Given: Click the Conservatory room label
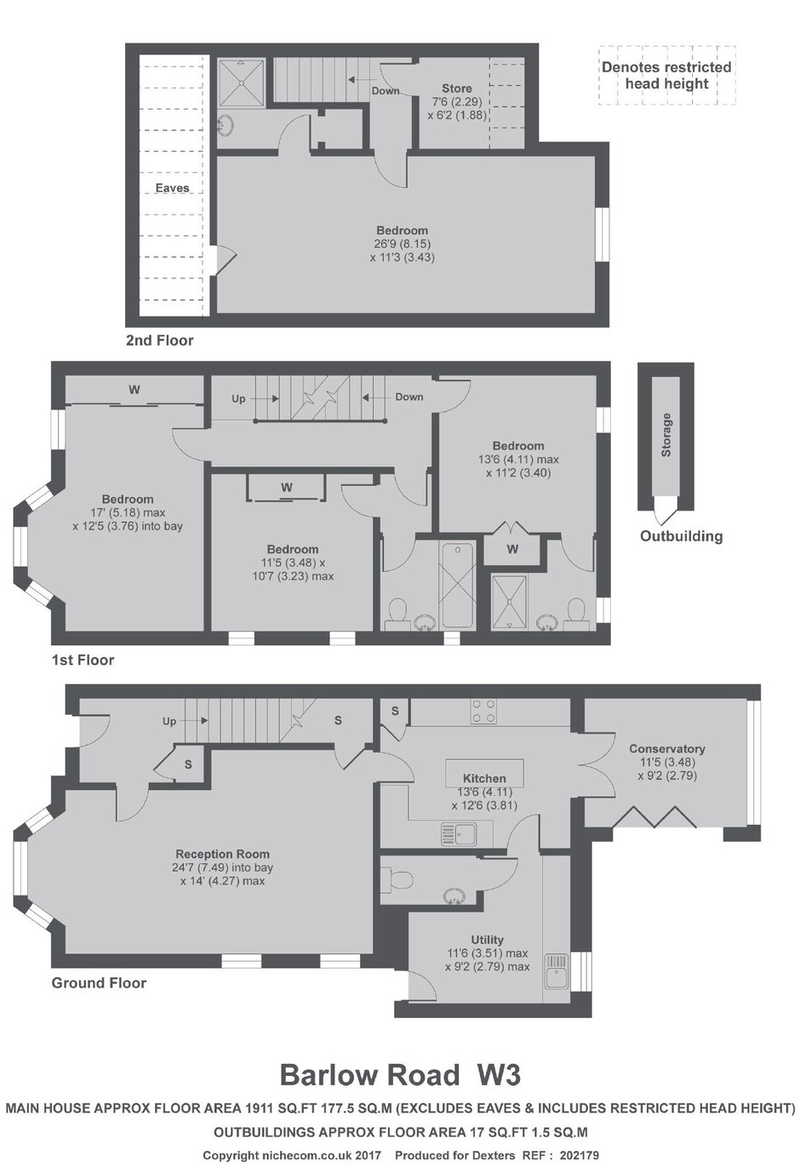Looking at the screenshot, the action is coord(666,749).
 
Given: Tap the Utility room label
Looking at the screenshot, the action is coord(487,940).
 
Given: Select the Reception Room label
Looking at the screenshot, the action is coord(222,854).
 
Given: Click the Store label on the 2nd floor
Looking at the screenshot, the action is coord(457,89).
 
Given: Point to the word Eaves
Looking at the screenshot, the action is coord(172,187).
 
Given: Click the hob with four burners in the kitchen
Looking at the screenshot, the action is coord(483,711).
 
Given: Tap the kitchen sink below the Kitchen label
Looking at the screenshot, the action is coord(459,833).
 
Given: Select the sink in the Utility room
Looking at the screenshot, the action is coord(557,971).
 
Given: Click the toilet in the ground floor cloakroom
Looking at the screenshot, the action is coord(397,880).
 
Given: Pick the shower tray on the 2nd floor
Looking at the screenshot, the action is coord(241,83).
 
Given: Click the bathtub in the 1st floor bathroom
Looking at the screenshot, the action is coord(457,586).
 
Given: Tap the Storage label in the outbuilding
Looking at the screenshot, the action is coord(666,435).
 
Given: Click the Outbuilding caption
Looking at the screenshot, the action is coord(681,536).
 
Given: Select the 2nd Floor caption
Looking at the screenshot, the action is coord(160,340).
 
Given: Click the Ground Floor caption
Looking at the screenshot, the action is coord(99,983).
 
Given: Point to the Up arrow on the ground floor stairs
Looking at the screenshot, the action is coord(197,721).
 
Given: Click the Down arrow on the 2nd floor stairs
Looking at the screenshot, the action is coord(359,80).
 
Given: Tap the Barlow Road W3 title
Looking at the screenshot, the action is coord(400,1074).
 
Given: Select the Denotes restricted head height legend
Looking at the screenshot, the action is coord(666,76).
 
